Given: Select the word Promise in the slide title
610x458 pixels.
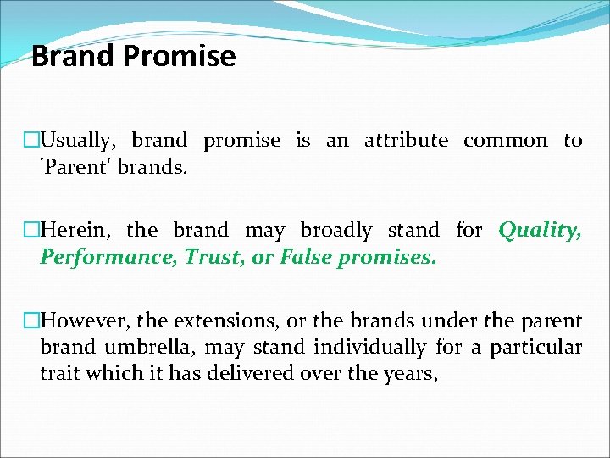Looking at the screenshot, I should tap(179, 57).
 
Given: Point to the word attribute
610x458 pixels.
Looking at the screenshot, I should tap(406, 141).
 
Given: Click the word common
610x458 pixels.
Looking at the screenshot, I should tap(506, 141).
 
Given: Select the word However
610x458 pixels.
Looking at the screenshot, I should tap(86, 321).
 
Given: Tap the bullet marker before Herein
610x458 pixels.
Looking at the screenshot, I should tap(32, 230).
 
